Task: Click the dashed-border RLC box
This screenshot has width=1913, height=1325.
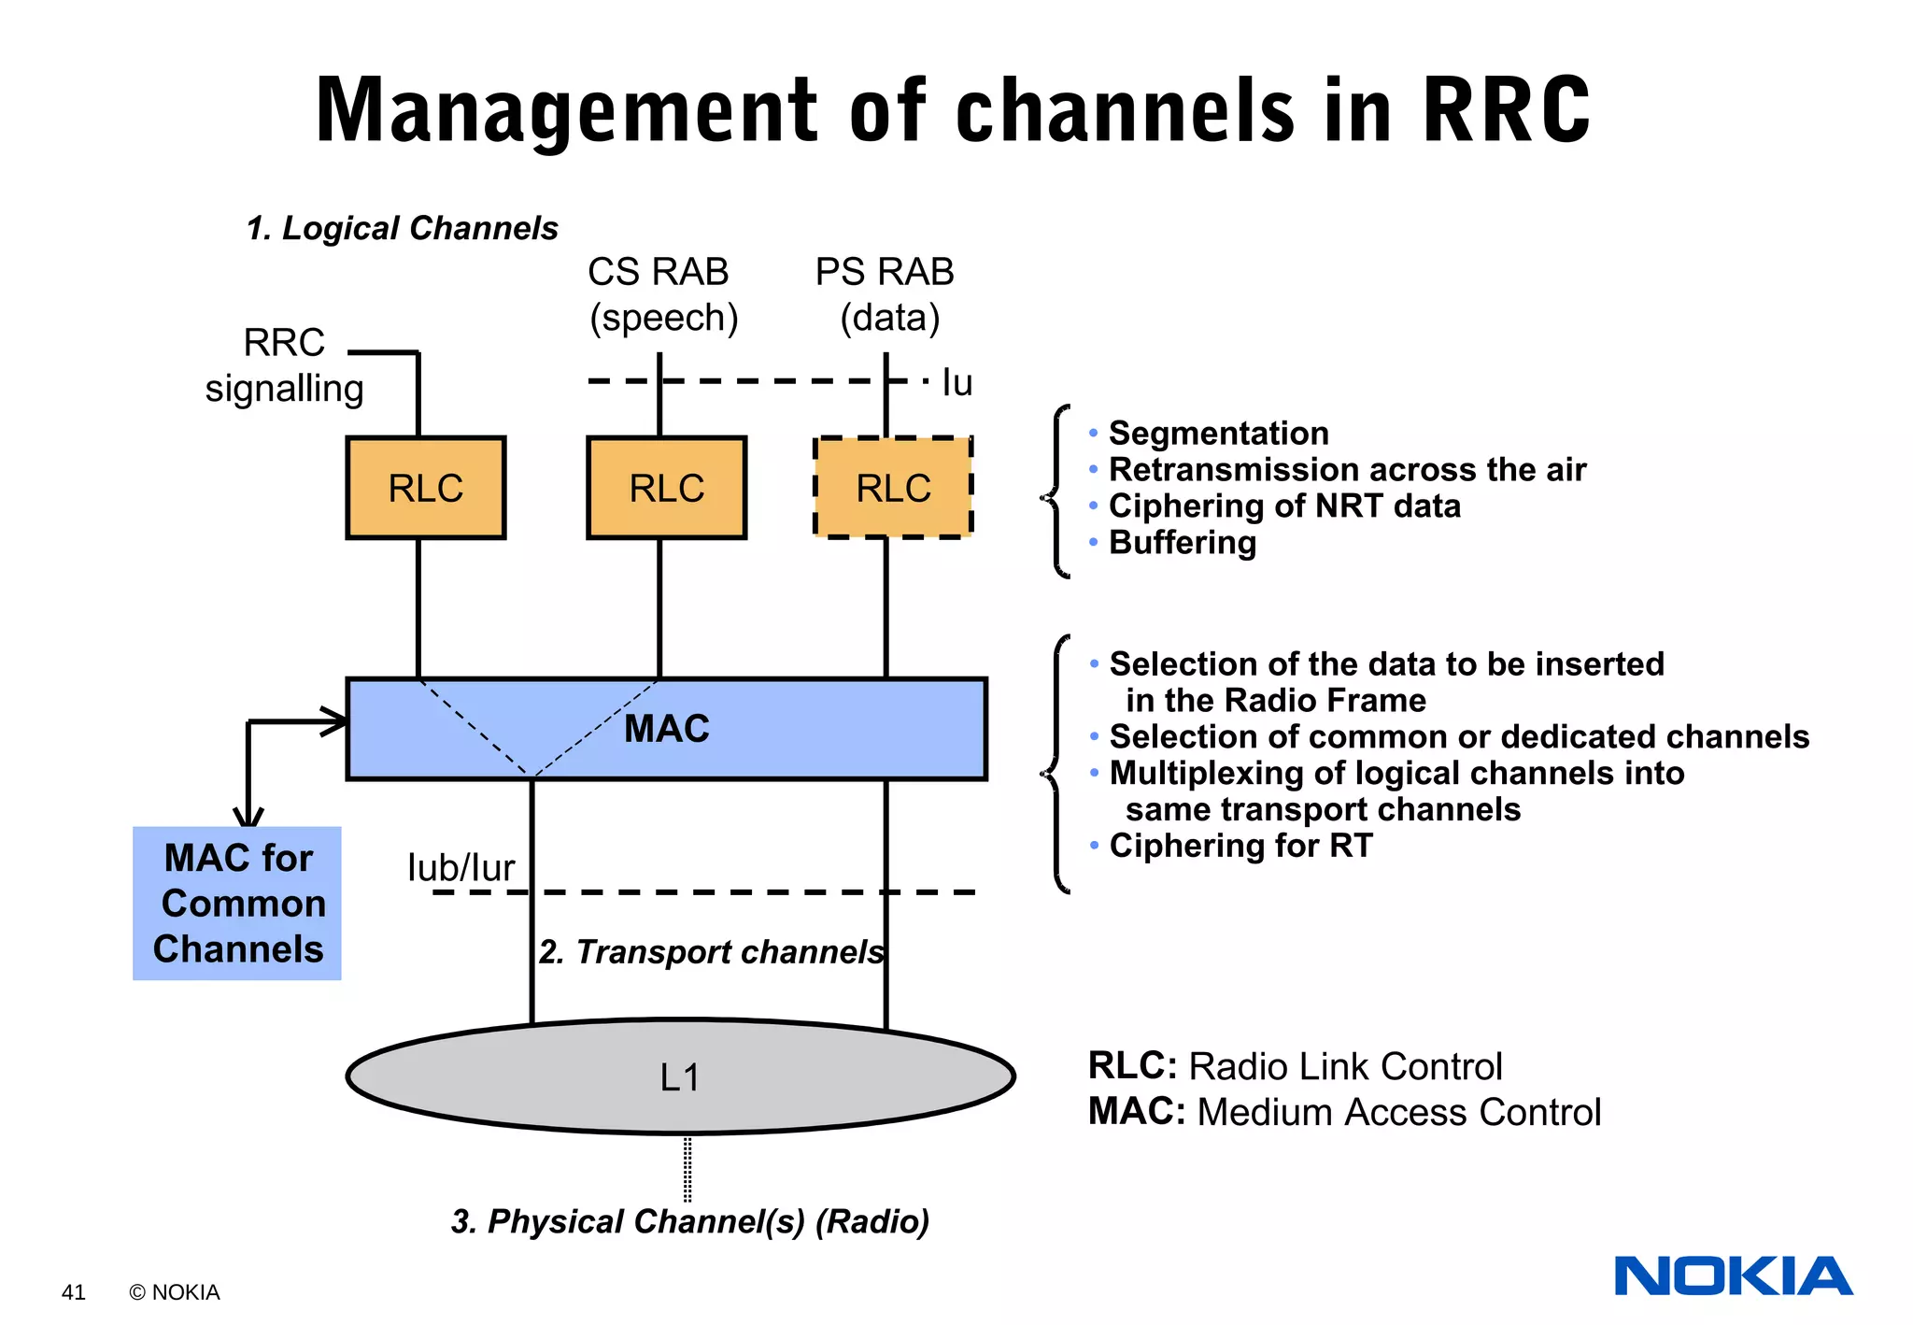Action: [893, 488]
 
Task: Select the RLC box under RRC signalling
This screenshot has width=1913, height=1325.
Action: [425, 488]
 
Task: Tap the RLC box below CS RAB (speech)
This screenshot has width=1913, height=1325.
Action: [666, 488]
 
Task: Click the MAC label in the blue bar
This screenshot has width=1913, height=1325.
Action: [666, 729]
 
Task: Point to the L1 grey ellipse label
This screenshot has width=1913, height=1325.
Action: [680, 1077]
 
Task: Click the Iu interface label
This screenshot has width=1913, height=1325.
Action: [956, 383]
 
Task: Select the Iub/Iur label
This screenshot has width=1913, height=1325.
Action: [461, 868]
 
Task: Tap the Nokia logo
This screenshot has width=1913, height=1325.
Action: [1733, 1276]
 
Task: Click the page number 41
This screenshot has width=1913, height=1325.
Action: [73, 1292]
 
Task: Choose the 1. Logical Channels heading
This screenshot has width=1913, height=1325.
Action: [402, 228]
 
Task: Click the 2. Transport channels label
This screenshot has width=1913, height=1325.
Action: [711, 951]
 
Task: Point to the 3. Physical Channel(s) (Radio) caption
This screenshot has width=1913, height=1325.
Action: [689, 1221]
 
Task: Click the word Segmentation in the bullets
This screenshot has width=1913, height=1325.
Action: [1218, 434]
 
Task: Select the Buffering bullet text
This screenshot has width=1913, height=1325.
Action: [1182, 543]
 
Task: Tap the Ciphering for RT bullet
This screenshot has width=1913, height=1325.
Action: [1240, 846]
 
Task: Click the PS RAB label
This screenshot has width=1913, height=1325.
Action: [885, 273]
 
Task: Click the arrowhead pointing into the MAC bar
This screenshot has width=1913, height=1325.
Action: [336, 721]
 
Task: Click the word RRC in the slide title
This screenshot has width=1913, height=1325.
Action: [1506, 110]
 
